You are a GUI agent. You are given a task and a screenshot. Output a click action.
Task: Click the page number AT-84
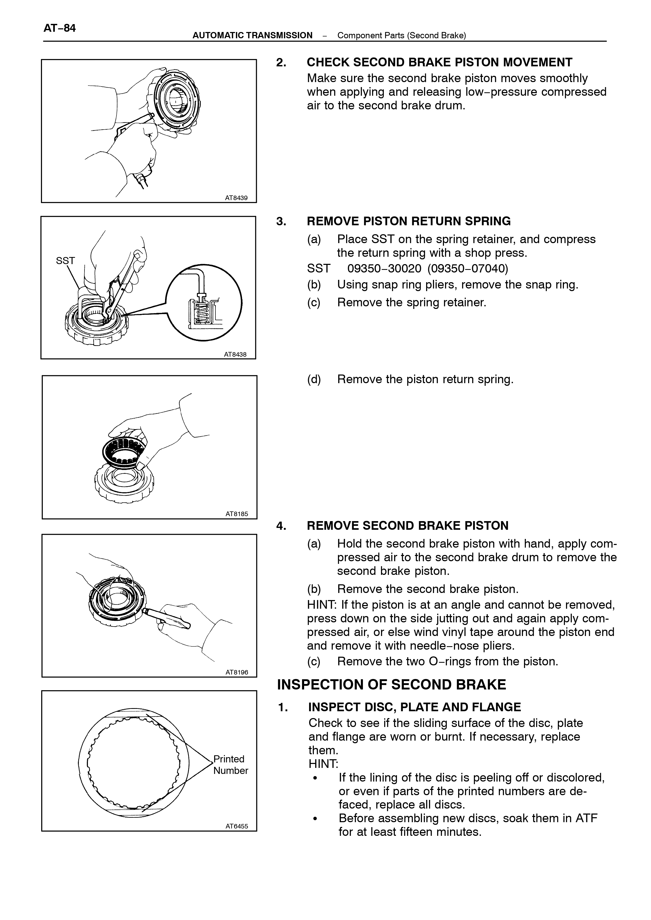pyautogui.click(x=59, y=28)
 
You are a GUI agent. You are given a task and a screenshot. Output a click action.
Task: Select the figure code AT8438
pyautogui.click(x=235, y=354)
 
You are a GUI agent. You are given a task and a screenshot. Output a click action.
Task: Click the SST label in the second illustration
pyautogui.click(x=65, y=260)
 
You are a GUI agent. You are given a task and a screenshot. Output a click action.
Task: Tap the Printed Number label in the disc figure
pyautogui.click(x=230, y=764)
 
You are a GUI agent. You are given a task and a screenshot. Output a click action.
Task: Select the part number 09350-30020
pyautogui.click(x=384, y=268)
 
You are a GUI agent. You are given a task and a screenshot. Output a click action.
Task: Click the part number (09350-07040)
pyautogui.click(x=468, y=268)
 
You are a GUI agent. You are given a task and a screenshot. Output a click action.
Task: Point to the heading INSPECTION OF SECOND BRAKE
pyautogui.click(x=392, y=684)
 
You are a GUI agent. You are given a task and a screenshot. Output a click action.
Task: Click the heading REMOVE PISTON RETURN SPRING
pyautogui.click(x=409, y=221)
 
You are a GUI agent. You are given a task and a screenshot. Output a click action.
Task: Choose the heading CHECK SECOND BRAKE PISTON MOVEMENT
pyautogui.click(x=439, y=62)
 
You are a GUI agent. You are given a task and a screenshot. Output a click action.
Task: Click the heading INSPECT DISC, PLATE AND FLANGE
pyautogui.click(x=415, y=707)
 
